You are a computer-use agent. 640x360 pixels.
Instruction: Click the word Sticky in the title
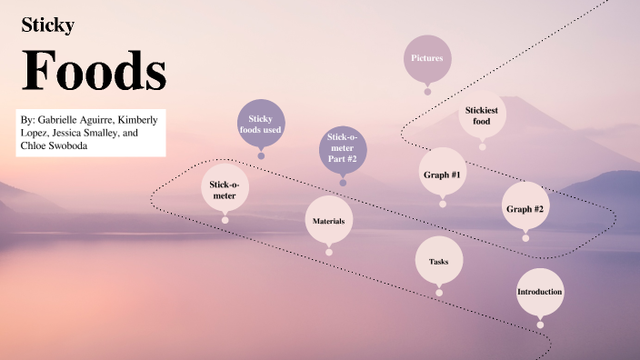(47, 26)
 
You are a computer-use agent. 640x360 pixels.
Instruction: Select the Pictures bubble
(427, 58)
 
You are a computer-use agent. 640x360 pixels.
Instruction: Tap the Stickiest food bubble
(482, 115)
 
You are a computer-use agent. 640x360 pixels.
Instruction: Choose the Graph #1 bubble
(443, 174)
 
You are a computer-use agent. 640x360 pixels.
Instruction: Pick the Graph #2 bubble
(525, 208)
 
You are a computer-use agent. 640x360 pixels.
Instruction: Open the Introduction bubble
(540, 292)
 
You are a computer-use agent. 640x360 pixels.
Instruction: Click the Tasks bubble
(438, 262)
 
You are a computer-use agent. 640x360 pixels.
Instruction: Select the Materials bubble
(328, 221)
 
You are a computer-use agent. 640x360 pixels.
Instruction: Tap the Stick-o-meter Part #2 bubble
(343, 148)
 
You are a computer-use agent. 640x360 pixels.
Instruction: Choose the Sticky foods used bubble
(261, 124)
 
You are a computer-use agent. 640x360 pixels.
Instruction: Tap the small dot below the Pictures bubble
(427, 91)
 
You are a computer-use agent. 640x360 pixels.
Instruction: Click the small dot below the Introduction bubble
(540, 325)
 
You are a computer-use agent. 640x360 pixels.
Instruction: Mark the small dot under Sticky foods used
(261, 155)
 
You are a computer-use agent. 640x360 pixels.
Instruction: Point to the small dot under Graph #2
(525, 238)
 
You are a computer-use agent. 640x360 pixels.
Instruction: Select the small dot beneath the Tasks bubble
(439, 293)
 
